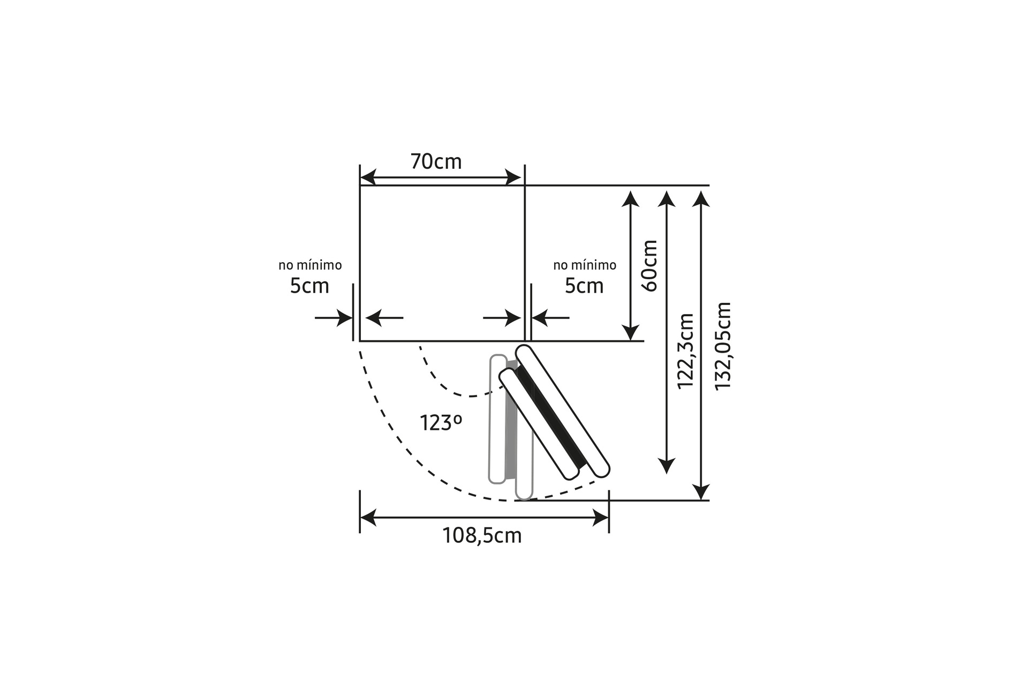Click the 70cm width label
pos(436,161)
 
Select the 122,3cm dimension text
pos(685,352)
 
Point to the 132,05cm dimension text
pos(723,346)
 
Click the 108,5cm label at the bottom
pos(482,535)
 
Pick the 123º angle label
pos(441,423)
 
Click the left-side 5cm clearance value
pos(309,286)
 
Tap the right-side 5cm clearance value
pos(584,286)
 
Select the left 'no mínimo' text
pos(310,265)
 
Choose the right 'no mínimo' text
pos(585,265)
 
